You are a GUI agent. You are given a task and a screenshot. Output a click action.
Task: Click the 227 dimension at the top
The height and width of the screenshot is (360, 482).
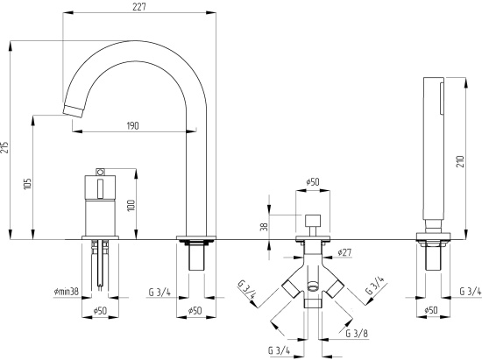139,6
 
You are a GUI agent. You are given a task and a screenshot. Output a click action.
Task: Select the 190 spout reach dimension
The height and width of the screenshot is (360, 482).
133,125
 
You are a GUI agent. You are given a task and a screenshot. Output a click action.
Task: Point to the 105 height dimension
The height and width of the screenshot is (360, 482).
27,184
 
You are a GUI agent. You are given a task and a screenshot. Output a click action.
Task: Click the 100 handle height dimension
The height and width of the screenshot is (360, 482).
131,205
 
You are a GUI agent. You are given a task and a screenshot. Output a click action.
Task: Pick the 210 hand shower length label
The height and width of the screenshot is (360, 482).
460,161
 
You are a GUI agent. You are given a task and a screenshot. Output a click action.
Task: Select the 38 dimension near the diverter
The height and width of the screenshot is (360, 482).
264,226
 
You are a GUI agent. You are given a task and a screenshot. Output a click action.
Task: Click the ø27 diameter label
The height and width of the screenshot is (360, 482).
344,252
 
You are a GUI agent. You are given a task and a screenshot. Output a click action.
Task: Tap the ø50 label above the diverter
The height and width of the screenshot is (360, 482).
313,182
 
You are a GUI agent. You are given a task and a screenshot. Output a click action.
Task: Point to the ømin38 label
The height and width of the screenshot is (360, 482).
66,290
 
